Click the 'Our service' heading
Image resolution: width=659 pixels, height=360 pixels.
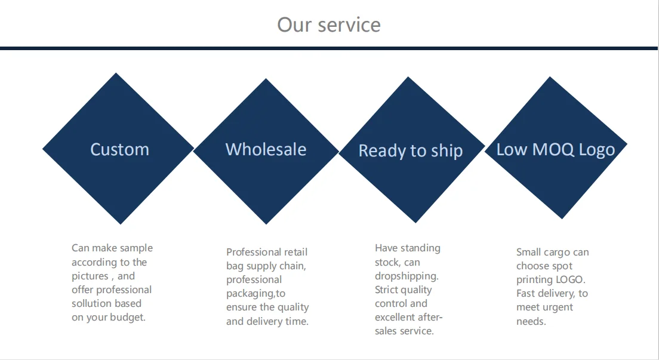(329, 25)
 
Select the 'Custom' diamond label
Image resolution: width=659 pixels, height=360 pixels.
(119, 149)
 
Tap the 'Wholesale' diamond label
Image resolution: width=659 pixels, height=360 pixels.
(266, 149)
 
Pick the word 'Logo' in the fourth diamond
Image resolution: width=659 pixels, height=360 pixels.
(596, 150)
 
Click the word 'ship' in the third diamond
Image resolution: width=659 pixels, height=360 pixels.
(446, 151)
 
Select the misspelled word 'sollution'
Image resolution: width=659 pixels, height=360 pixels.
(91, 303)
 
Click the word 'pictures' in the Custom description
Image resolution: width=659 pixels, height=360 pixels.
(90, 276)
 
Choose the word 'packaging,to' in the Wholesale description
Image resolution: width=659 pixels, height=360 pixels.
(255, 293)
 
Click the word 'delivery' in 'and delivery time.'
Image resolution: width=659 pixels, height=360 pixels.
(266, 321)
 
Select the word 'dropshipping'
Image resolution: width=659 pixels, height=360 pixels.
(405, 276)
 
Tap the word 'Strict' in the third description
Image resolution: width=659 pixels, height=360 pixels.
(388, 290)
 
